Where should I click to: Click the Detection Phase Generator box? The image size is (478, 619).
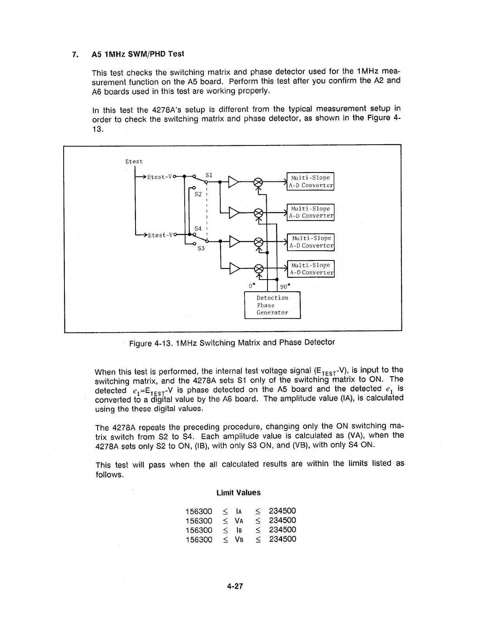[272, 305]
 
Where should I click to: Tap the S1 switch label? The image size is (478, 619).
[209, 175]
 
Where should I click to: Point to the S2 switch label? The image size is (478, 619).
[198, 194]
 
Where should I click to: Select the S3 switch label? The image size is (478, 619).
[201, 248]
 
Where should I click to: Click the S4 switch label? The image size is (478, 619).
[198, 228]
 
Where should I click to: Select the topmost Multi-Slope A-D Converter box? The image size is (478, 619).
[310, 181]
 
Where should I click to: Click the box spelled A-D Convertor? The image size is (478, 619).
[311, 242]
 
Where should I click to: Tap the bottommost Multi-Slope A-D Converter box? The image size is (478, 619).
[311, 269]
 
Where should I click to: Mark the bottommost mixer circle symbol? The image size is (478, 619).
[258, 269]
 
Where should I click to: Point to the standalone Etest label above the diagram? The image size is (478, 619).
[134, 161]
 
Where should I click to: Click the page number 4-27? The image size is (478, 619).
[235, 586]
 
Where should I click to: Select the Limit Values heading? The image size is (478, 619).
[238, 493]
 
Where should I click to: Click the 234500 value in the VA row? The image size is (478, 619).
[282, 520]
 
